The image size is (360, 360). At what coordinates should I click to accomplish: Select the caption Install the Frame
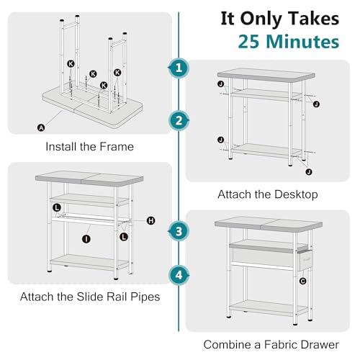click(89, 147)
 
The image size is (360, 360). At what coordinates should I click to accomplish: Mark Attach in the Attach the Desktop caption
click(233, 194)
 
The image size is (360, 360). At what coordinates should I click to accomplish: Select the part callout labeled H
click(150, 221)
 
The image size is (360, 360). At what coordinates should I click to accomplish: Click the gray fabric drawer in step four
click(263, 257)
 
